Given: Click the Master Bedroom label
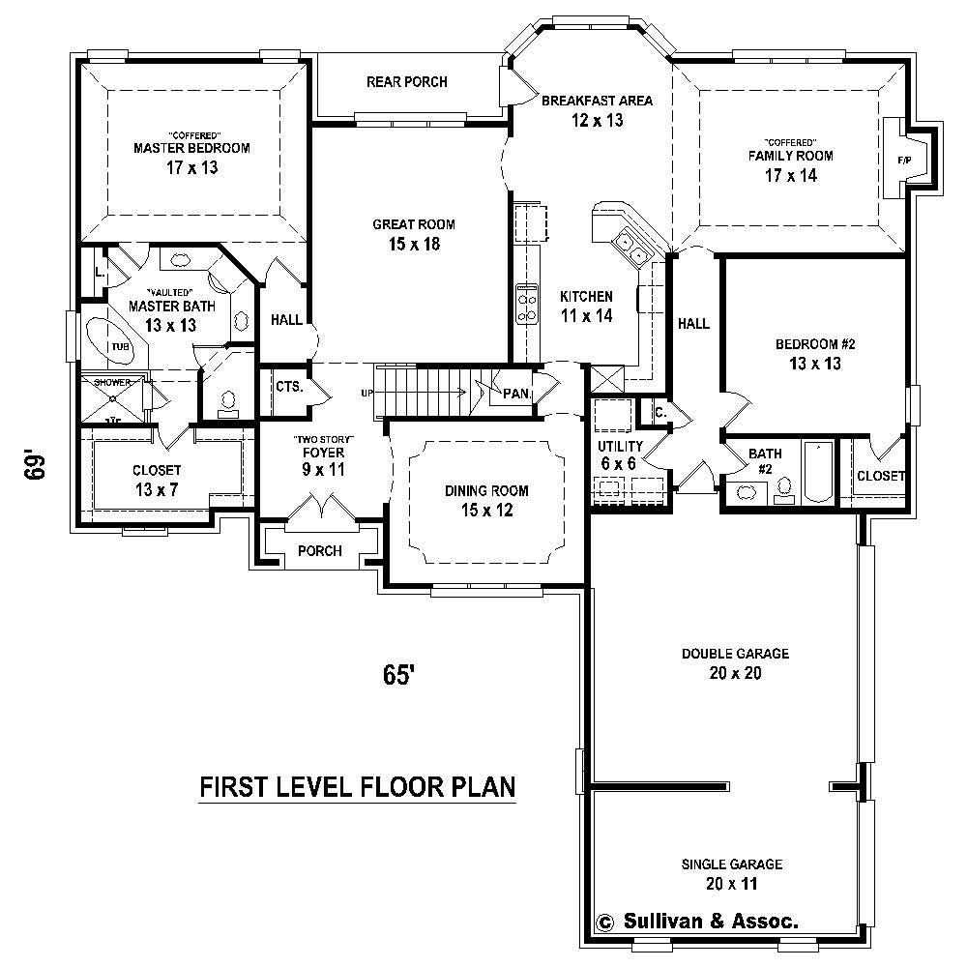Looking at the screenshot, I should pos(191,148).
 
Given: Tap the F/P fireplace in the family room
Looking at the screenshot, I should pos(905,158).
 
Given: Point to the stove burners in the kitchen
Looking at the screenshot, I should pos(528,302).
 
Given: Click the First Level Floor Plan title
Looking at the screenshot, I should pos(357,787).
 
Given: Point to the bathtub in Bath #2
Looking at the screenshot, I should pos(818,471).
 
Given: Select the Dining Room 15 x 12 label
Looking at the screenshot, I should pos(486,500).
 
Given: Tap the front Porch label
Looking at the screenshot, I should pos(319,551).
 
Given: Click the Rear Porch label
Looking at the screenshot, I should pos(406,82).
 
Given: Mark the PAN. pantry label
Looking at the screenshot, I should pos(514,394).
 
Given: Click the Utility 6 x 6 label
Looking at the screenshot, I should pos(620,454).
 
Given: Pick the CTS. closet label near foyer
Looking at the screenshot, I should pos(288,386).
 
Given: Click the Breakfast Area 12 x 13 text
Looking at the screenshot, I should pos(597,110).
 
